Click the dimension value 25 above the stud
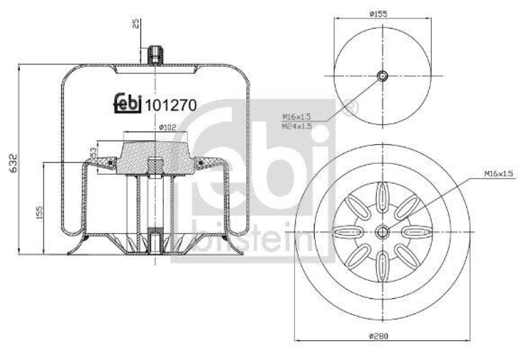pyautogui.click(x=136, y=23)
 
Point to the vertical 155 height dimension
pyautogui.click(x=40, y=212)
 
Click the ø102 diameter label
pyautogui.click(x=166, y=128)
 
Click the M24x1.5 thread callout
pyautogui.click(x=296, y=126)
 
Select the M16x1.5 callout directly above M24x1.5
pyautogui.click(x=296, y=117)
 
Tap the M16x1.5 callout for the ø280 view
pyautogui.click(x=499, y=173)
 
